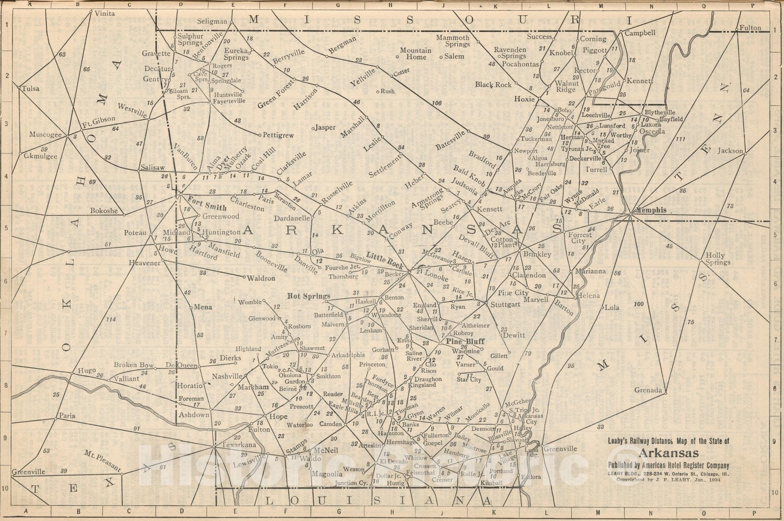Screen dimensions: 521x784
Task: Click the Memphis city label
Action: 651,210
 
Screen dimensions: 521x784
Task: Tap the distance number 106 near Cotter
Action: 437,103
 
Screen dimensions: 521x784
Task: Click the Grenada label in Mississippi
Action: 648,390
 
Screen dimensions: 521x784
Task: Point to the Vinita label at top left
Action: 104,13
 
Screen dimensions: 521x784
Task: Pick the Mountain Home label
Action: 416,53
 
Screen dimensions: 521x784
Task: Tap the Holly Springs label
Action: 718,258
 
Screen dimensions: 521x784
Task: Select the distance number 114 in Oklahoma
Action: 110,320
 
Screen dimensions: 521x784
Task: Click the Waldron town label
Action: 261,278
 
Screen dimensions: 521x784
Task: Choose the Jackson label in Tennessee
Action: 730,150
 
